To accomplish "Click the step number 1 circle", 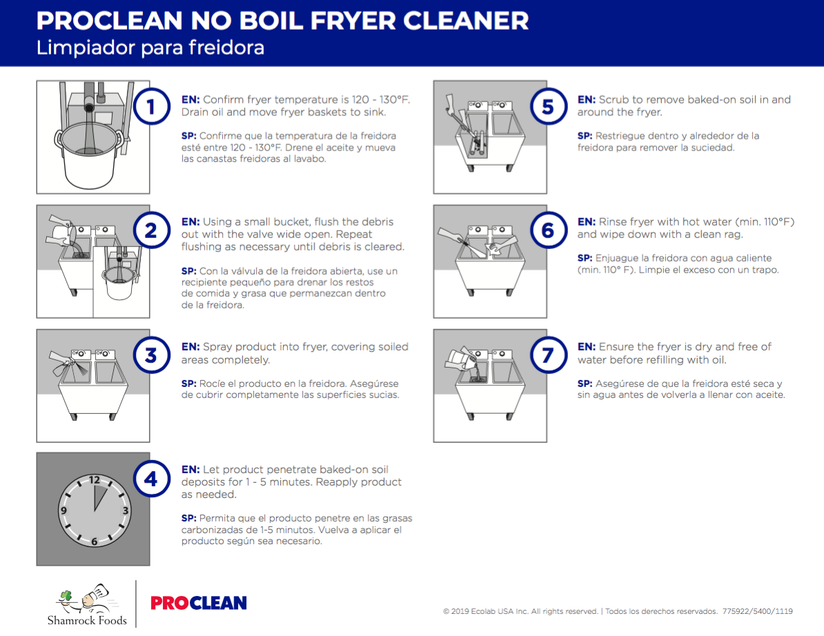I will [150, 107].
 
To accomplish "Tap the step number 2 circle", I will [150, 231].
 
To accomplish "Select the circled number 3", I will [150, 355].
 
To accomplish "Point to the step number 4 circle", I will [150, 479].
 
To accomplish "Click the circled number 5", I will [548, 107].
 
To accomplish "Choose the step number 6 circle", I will [548, 231].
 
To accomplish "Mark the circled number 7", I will [548, 355].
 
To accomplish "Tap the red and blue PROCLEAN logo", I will [199, 603].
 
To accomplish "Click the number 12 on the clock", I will [94, 479].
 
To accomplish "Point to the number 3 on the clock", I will [125, 511].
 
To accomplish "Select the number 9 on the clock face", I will [63, 511].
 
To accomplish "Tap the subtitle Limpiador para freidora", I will [150, 48].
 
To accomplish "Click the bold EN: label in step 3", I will [190, 347].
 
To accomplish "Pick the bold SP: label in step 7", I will [586, 384].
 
